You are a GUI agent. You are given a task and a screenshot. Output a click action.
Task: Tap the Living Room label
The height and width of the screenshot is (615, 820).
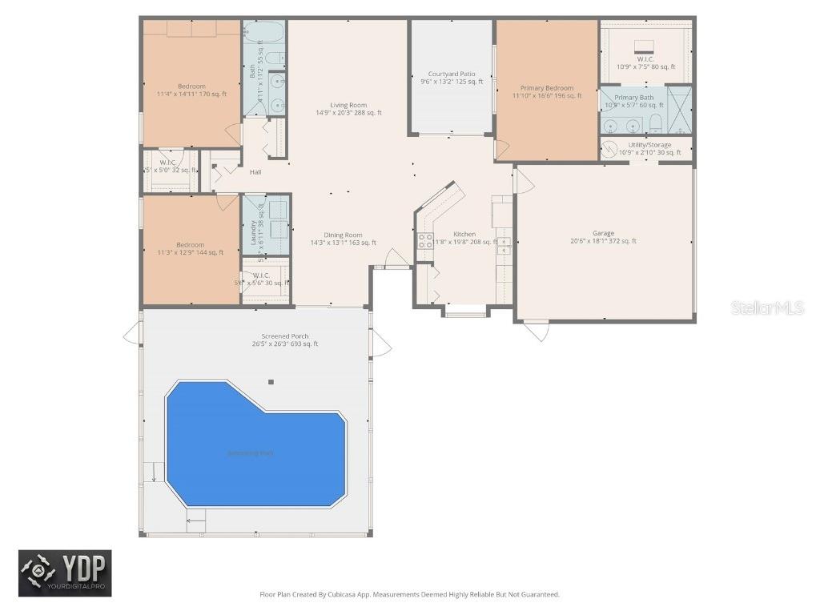coord(348,105)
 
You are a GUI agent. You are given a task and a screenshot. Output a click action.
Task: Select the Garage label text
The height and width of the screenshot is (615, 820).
coord(603,234)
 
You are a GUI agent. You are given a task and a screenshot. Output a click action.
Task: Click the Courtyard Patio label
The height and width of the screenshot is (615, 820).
coord(452,74)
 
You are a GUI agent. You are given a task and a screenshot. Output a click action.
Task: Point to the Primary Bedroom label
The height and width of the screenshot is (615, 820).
coord(547,88)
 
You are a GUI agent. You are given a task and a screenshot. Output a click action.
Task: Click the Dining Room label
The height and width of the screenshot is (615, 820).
coord(344,235)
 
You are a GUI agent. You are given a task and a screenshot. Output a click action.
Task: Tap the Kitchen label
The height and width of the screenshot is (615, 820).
coord(464,235)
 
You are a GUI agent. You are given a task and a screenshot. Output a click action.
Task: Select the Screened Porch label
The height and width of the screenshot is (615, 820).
coord(285,336)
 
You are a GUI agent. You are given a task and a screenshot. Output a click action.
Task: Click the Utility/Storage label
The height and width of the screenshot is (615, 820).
coord(649,145)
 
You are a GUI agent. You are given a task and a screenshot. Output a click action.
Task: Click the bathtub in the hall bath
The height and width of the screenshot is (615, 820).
coord(263,34)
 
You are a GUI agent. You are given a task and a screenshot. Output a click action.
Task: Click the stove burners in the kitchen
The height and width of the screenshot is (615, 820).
coord(424,241)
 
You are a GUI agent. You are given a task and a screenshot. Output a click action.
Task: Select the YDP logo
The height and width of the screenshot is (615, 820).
coord(66,573)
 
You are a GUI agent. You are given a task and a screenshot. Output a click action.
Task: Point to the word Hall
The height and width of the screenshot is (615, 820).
coord(255,172)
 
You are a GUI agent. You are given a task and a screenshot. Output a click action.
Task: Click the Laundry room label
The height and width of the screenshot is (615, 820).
coord(253,232)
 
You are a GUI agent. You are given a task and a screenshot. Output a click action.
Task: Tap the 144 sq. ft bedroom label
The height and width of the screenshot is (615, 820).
coord(191,245)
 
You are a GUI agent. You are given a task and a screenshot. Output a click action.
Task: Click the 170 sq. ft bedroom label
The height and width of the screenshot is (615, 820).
coord(191,86)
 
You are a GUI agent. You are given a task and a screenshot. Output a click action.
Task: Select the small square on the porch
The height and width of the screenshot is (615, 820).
coord(271,382)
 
